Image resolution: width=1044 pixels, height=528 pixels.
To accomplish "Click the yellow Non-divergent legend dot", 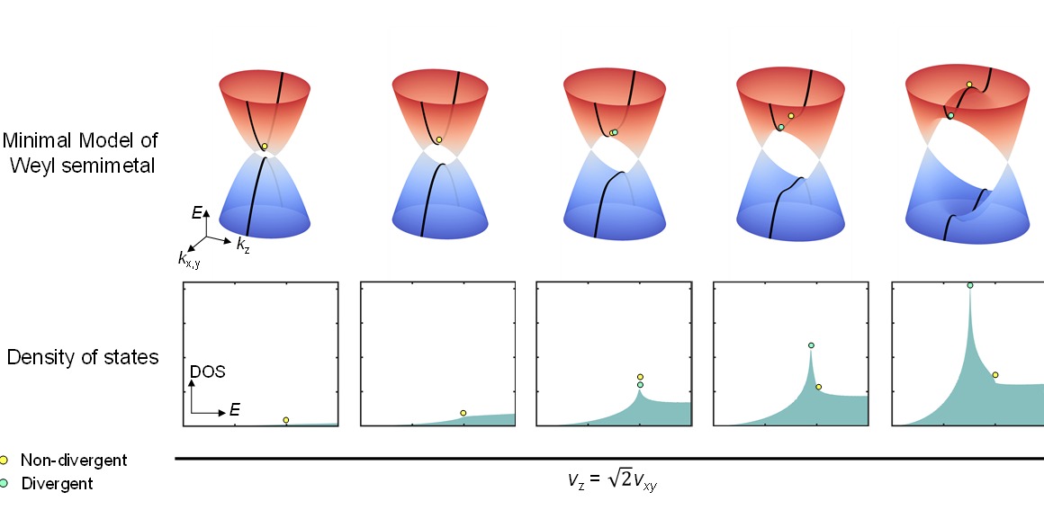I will tap(5, 460).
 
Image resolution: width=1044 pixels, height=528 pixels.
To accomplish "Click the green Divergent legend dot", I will tap(5, 483).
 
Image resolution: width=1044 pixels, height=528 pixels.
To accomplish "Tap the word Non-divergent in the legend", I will tap(74, 461).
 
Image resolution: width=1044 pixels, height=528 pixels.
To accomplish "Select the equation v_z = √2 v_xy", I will tap(612, 480).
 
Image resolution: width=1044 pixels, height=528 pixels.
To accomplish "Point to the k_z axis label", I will tap(243, 245).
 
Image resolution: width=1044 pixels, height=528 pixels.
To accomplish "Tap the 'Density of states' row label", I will tap(83, 357).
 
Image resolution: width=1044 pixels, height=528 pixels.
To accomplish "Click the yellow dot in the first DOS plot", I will tap(286, 420).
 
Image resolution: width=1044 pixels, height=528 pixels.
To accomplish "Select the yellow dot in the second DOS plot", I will tap(463, 413).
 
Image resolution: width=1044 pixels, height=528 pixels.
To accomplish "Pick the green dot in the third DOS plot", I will tap(640, 385).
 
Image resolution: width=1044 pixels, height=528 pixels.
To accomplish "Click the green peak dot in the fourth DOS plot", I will tap(811, 345).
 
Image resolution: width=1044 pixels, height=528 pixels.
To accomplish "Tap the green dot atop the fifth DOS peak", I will tap(970, 285).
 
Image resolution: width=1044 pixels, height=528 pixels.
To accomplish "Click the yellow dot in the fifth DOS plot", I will tap(994, 375).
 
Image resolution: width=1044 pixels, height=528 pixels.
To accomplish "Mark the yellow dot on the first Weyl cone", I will tap(265, 146).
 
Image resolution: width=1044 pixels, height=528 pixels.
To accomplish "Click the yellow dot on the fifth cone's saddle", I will tap(969, 85).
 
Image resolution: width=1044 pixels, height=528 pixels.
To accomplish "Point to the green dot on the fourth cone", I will tap(781, 127).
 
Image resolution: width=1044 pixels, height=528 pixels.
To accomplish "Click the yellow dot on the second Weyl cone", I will tap(438, 139).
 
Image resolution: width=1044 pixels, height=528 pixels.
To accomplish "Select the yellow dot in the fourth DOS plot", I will tap(818, 387).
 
